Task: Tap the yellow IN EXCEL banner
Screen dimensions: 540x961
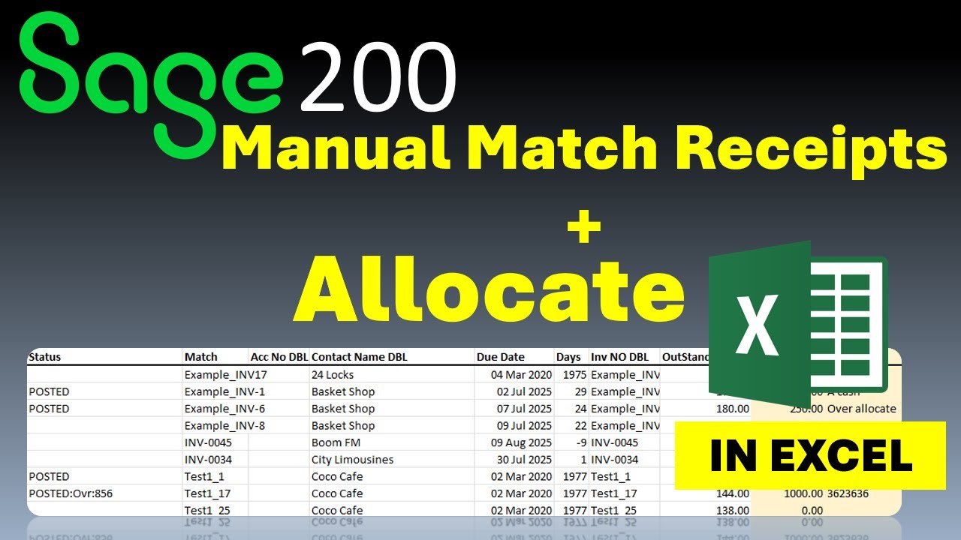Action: coord(810,455)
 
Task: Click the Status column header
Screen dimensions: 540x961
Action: coord(44,357)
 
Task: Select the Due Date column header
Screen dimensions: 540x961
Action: coord(500,357)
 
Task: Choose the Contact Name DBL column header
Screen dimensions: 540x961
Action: coord(359,357)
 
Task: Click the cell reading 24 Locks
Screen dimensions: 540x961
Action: coord(332,374)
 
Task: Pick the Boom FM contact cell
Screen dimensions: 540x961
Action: coord(336,442)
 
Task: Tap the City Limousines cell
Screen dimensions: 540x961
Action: coord(352,459)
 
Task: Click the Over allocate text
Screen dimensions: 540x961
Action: coord(861,409)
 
